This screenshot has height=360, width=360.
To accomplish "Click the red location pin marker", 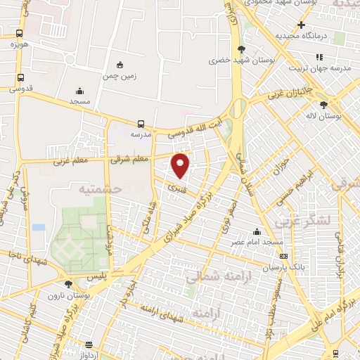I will tap(181, 165).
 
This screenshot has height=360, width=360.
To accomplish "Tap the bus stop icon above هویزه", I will tap(19, 32).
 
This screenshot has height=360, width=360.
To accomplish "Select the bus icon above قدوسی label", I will tap(20, 77).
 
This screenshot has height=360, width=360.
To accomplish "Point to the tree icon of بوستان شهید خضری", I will tap(242, 49).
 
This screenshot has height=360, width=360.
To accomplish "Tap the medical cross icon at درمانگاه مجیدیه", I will tap(301, 25).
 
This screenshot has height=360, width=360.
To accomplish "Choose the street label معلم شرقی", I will tap(129, 159).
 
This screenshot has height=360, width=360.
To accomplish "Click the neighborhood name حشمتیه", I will tap(100, 189).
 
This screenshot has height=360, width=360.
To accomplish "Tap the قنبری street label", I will tap(181, 188).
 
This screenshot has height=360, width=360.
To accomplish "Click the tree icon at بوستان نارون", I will tap(68, 284).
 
